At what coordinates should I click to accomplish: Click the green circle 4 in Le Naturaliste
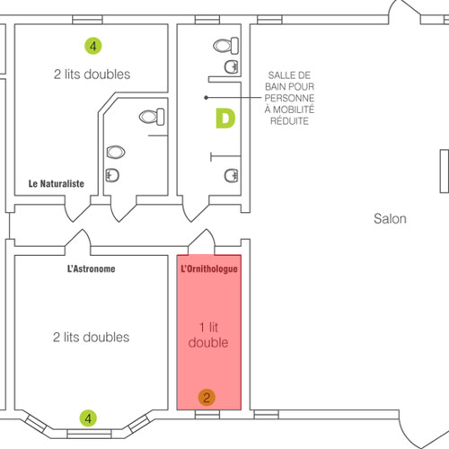pos(93,46)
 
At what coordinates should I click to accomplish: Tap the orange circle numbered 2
pos(207,398)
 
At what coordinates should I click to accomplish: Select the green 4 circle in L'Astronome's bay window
pos(88,418)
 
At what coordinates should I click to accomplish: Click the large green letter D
pos(225,119)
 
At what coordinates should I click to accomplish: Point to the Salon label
pos(390,218)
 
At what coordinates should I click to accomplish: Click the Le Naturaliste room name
pos(57,183)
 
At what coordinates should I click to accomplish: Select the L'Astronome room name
pos(92,269)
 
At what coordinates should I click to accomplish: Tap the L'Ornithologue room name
pos(209,269)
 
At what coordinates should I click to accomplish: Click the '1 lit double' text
pos(208,335)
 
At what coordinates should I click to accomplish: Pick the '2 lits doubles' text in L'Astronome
pos(92,337)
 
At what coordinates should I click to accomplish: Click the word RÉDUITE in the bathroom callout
pos(289,121)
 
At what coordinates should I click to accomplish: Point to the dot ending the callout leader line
pos(206,98)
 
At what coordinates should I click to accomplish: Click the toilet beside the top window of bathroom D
pos(225,46)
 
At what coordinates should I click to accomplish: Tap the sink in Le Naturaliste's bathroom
pos(112,175)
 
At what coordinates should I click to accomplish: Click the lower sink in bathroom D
pos(232,176)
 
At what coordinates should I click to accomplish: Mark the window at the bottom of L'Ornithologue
pos(207,415)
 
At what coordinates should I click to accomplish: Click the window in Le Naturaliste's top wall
pos(87,20)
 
